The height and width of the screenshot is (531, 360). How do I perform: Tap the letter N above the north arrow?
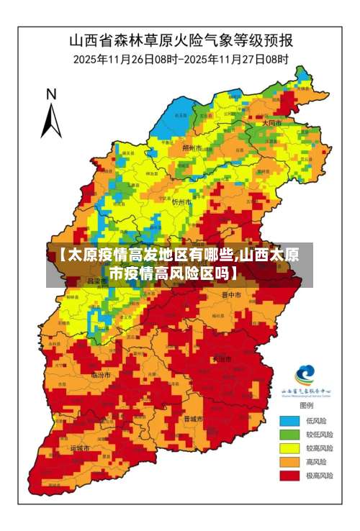click(x=51, y=94)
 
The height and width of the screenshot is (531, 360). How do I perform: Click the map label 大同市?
click(x=271, y=123)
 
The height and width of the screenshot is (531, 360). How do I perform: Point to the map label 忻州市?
click(x=181, y=202)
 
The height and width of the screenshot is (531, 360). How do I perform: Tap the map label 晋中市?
click(x=231, y=294)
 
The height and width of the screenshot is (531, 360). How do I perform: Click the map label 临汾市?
click(x=100, y=375)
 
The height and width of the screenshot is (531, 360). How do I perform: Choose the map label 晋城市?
click(x=193, y=418)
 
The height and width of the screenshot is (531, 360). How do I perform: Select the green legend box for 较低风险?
click(x=289, y=435)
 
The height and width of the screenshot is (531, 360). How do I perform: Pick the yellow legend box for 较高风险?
click(x=289, y=448)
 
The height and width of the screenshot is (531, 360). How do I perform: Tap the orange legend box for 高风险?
click(x=289, y=462)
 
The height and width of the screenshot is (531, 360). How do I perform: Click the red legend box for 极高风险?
click(x=289, y=476)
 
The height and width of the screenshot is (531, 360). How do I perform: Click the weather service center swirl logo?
click(x=305, y=374)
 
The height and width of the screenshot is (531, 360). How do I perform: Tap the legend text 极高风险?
click(x=319, y=476)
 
